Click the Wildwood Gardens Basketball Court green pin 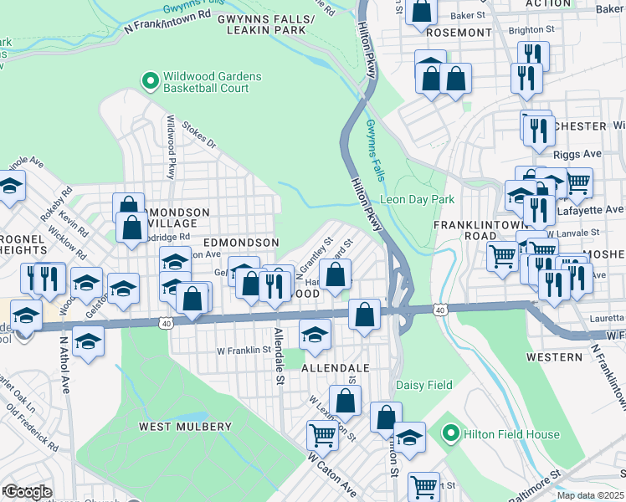tap(151, 81)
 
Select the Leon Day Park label tap(417, 199)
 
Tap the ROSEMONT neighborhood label tap(459, 33)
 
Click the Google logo tap(28, 492)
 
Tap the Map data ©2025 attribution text tap(591, 495)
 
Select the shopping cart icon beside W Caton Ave tap(322, 435)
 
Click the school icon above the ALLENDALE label tap(315, 334)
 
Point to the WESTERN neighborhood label tap(553, 357)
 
